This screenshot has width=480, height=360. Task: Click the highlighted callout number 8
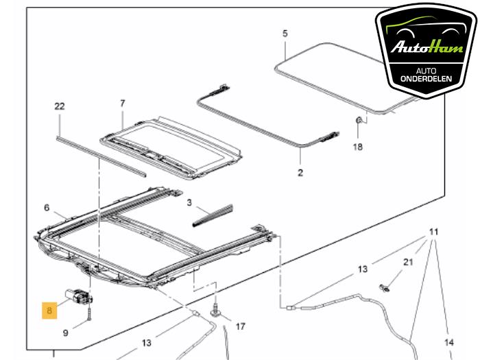(x=49, y=309)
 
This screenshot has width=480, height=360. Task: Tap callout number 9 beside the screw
(x=66, y=334)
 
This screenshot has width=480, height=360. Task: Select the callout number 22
(x=60, y=106)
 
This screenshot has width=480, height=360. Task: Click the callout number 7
(x=123, y=104)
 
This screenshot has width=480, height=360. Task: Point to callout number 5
(x=285, y=33)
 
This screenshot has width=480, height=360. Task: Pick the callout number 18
(x=47, y=207)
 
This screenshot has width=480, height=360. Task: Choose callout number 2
(x=300, y=172)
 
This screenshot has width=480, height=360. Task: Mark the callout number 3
(x=189, y=203)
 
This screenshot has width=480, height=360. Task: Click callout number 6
(x=47, y=207)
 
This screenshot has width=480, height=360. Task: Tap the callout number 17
(x=240, y=326)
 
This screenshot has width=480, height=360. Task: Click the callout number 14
(x=449, y=342)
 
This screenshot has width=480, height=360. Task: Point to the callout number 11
(x=433, y=232)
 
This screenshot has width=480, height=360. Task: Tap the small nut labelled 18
(x=359, y=122)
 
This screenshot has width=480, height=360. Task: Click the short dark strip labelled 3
(x=214, y=214)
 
